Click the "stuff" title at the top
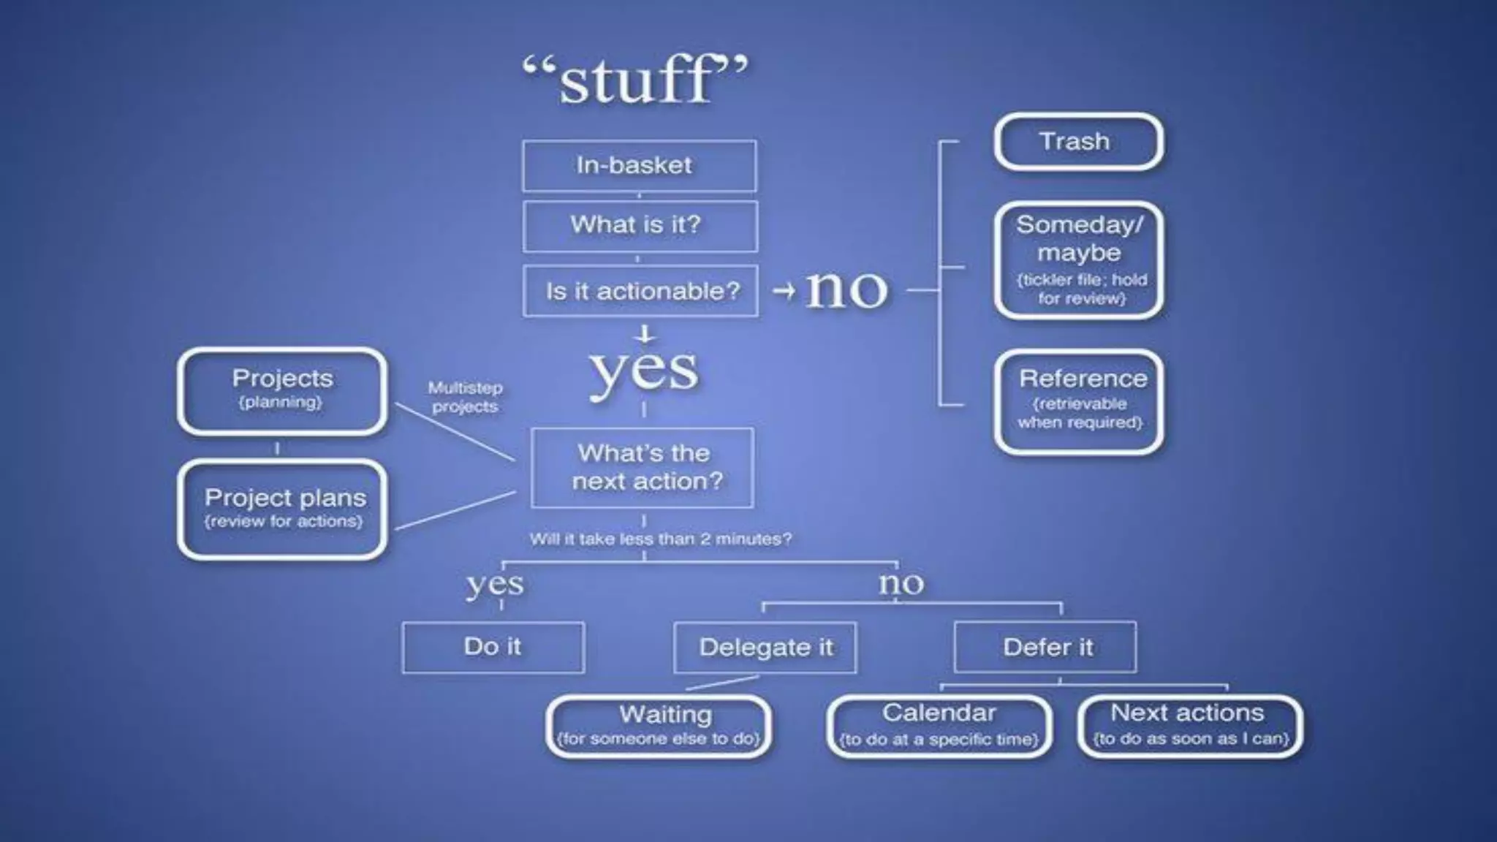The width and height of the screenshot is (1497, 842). pos(636,79)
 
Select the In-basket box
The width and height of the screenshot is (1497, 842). pos(639,166)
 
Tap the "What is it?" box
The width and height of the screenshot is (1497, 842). pos(640,226)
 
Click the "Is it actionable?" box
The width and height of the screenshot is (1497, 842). pos(640,291)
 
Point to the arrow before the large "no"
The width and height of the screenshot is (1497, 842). pos(784,291)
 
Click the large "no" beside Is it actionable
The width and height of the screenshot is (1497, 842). pos(846,289)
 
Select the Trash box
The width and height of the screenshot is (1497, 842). pos(1078,142)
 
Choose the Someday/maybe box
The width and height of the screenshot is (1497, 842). pos(1079,260)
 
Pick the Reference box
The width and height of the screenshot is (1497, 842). pos(1079,401)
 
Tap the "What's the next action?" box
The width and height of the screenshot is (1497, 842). pos(643,468)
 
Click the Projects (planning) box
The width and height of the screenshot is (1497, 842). pos(282,390)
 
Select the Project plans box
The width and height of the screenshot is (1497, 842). pos(282,509)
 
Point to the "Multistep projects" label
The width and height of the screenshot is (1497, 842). pos(465,397)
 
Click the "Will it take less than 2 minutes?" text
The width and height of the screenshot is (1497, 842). pos(660,539)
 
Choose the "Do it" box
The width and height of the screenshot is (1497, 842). pos(493,647)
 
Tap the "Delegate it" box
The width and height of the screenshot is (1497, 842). pos(765,648)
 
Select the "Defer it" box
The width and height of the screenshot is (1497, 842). pos(1045,647)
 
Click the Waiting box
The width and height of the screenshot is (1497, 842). pos(659,726)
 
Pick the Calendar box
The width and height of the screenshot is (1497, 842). pos(939,726)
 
